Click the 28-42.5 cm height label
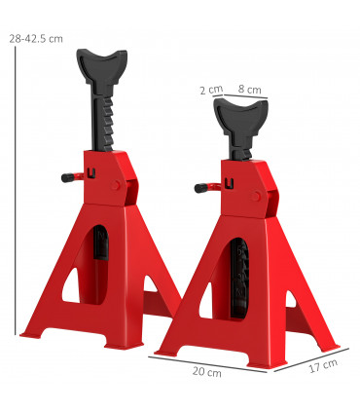35,38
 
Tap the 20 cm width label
207,372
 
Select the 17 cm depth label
323,365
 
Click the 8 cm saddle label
250,90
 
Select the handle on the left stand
70,177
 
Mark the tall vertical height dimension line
17,195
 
